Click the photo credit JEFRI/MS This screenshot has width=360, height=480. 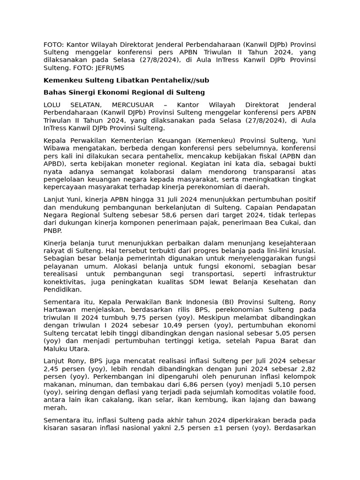pos(104,67)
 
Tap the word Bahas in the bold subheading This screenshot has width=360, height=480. pos(54,92)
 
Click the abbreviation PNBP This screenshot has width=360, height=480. pos(52,231)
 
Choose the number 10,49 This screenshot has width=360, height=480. pos(169,325)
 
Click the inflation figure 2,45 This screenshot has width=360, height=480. pos(52,368)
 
